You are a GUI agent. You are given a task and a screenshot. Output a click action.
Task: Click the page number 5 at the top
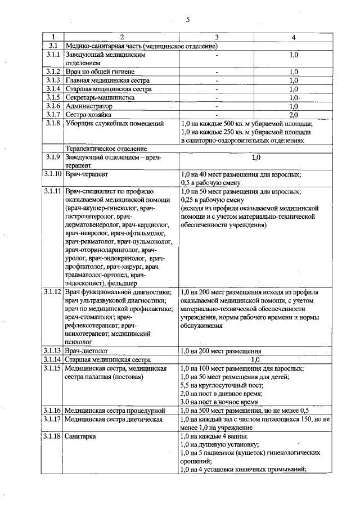tap(188, 20)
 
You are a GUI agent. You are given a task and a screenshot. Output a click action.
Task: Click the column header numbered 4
tap(293, 37)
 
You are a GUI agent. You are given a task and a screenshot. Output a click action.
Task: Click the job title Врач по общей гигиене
tap(97, 72)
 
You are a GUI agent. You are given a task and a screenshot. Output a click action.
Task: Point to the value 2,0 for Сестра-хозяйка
tap(293, 114)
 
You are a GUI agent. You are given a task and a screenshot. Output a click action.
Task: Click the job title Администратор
tap(89, 106)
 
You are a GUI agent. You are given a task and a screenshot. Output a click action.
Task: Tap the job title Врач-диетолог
tap(86, 350)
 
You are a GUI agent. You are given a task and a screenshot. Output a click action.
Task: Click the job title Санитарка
tap(80, 436)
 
